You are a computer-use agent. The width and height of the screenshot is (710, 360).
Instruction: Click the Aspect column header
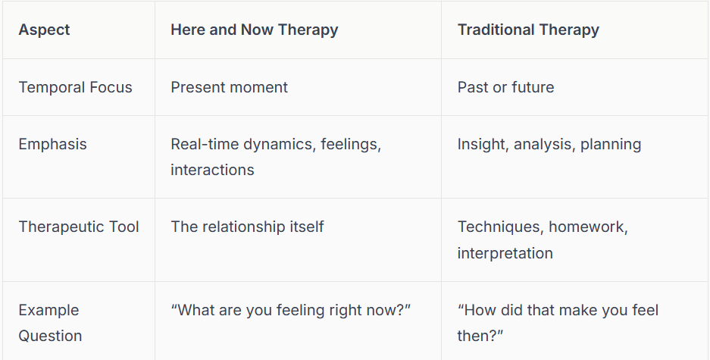click(x=44, y=30)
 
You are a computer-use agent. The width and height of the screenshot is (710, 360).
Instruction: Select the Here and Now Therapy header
click(x=254, y=30)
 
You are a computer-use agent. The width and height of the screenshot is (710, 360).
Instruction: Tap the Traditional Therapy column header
click(x=528, y=30)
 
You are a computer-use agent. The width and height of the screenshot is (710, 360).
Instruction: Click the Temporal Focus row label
click(x=75, y=87)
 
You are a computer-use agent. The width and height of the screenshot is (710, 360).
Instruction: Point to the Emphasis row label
click(x=52, y=144)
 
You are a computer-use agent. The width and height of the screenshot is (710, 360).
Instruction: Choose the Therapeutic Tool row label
click(x=79, y=227)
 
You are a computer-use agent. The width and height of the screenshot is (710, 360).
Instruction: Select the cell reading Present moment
click(x=229, y=87)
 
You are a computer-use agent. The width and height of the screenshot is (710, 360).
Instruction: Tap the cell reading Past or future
click(x=505, y=87)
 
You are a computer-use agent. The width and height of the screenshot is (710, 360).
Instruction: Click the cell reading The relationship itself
click(x=247, y=227)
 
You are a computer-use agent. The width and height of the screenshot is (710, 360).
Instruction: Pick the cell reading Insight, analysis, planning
click(x=549, y=144)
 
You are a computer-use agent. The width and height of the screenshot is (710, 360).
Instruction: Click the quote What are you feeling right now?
click(x=292, y=310)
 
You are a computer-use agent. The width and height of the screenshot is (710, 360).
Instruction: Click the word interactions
click(x=212, y=170)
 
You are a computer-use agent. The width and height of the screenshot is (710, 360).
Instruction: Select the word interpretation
click(x=505, y=253)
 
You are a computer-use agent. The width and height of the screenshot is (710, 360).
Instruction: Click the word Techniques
click(x=499, y=227)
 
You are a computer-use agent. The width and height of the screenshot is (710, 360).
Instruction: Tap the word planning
click(x=611, y=144)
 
